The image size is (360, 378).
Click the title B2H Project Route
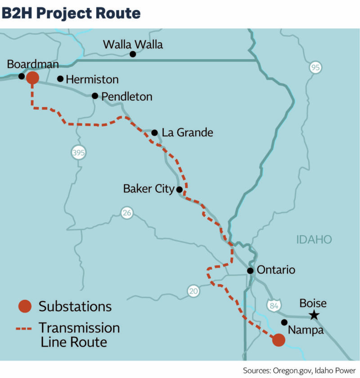click(x=71, y=13)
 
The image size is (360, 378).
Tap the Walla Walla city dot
click(x=133, y=54)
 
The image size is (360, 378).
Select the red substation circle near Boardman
click(x=32, y=78)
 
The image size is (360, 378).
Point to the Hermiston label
click(x=92, y=80)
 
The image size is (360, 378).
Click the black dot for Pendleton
click(x=95, y=96)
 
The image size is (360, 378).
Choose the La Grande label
click(x=187, y=133)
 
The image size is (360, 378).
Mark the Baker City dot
click(x=179, y=190)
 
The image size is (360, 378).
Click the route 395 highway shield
click(x=78, y=153)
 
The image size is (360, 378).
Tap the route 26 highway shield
click(x=127, y=213)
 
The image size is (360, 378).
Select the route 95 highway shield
click(x=316, y=68)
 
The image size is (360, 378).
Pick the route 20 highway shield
click(x=193, y=292)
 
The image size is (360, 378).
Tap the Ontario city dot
click(x=250, y=271)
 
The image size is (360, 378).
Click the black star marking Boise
click(x=314, y=316)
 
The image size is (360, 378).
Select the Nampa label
click(x=306, y=330)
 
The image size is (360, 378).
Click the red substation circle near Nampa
click(x=279, y=340)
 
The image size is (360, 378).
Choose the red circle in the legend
click(x=25, y=307)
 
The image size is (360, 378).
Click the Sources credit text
click(x=299, y=370)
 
